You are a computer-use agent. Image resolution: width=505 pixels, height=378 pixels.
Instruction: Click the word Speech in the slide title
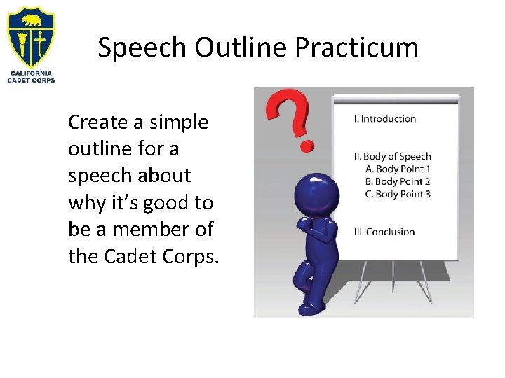(x=143, y=48)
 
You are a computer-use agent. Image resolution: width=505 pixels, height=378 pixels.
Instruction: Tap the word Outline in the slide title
(x=241, y=48)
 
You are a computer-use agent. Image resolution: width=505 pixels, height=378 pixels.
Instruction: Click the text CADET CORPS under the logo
(x=31, y=80)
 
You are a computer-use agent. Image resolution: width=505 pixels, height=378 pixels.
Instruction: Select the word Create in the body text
(x=98, y=122)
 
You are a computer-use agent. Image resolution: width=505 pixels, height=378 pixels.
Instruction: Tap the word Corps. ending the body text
(x=191, y=256)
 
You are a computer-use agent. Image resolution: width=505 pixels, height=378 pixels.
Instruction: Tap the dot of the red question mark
(x=306, y=146)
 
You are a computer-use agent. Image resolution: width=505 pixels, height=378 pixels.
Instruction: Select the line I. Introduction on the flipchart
(x=385, y=118)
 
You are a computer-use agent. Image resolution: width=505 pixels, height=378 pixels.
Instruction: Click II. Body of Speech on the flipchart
(x=392, y=156)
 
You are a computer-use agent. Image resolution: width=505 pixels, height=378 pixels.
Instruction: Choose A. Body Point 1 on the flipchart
(x=398, y=169)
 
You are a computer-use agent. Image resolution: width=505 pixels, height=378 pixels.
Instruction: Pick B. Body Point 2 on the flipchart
(x=398, y=181)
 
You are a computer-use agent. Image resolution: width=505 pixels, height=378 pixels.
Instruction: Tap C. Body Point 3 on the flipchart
(x=398, y=194)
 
